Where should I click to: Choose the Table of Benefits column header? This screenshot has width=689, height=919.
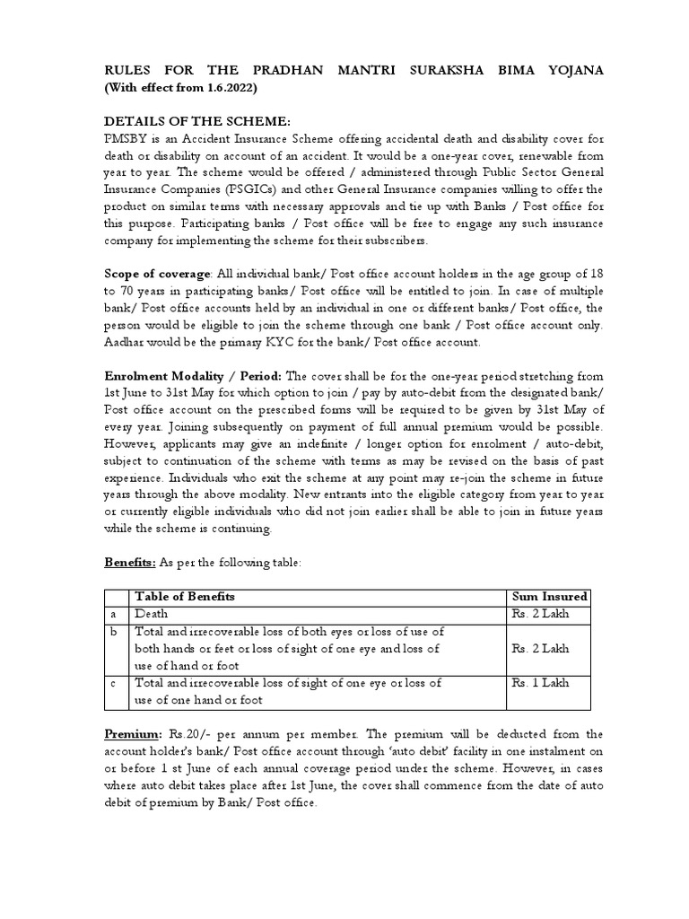tap(185, 596)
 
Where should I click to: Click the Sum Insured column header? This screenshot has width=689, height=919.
tap(549, 596)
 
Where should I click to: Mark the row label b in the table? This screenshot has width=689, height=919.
tap(113, 632)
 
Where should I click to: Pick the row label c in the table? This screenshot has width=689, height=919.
tap(113, 683)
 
